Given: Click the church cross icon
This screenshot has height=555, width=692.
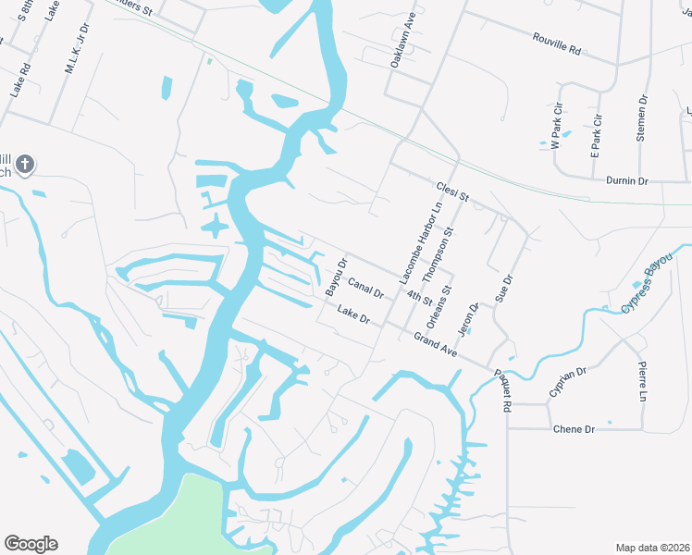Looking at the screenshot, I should (x=25, y=166).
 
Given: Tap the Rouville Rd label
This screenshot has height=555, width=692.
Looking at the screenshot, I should (x=556, y=43).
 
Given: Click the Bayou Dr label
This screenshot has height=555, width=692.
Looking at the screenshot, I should (x=336, y=277).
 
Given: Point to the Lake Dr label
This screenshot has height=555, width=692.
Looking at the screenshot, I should (x=353, y=314).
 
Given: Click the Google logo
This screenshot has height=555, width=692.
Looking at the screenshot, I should (x=31, y=544).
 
